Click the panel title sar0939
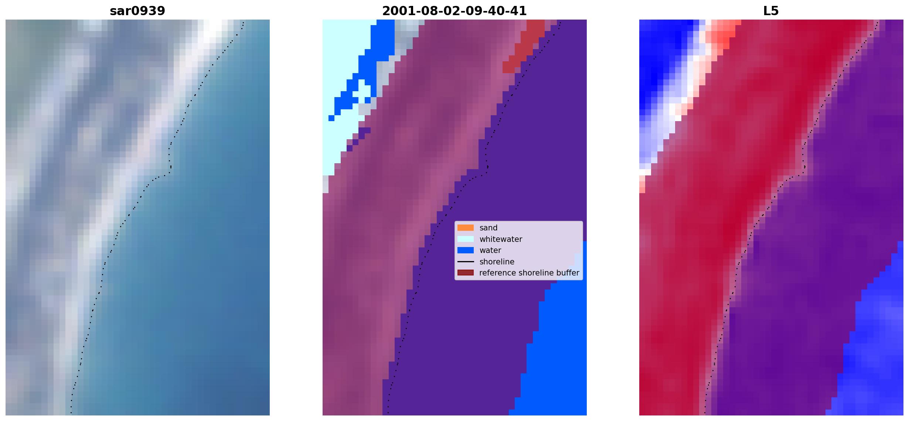click(137, 11)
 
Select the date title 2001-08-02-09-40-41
click(454, 11)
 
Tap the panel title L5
click(771, 11)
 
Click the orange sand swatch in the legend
click(465, 228)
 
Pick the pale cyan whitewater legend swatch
click(465, 239)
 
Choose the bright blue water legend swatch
click(465, 250)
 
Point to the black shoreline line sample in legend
click(465, 261)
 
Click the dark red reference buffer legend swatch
click(465, 273)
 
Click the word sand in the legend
click(488, 228)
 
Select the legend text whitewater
click(501, 239)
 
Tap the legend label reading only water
click(490, 250)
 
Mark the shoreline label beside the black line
click(497, 261)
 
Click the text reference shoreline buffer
click(529, 273)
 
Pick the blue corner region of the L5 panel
click(872, 351)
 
